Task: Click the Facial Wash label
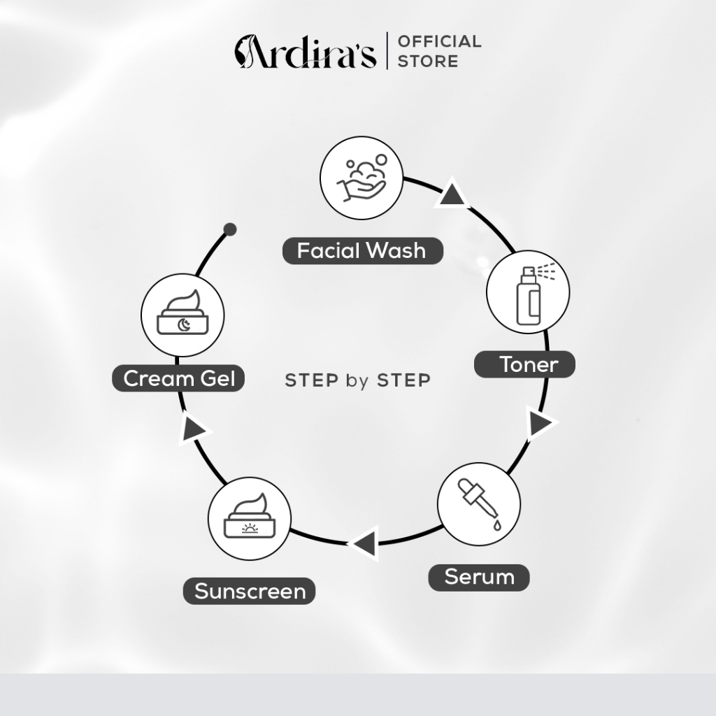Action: pos(363,251)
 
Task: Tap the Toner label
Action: pos(524,364)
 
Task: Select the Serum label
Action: pos(478,577)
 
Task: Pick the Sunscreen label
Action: pos(250,592)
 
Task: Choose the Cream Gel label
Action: pos(178,378)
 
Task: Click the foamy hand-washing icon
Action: pos(361,178)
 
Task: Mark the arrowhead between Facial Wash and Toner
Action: pos(452,194)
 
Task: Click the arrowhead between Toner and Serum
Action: pos(542,423)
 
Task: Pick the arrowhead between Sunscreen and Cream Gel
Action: pos(194,429)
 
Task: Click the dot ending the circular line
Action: pos(230,229)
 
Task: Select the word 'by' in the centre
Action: pos(357,381)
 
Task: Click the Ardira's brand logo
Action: pos(306,51)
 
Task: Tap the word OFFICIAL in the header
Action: pos(439,41)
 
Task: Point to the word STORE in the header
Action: pos(428,62)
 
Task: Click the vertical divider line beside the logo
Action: pos(387,50)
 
